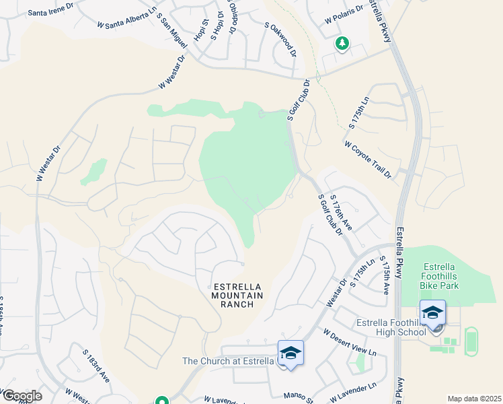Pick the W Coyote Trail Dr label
(368, 159)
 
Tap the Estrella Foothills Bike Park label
(450, 276)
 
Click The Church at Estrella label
(229, 361)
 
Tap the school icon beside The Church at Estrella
(291, 353)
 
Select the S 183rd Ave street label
(96, 363)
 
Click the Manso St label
(300, 397)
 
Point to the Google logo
(22, 395)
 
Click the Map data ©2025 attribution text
(474, 399)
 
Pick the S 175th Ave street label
(385, 275)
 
